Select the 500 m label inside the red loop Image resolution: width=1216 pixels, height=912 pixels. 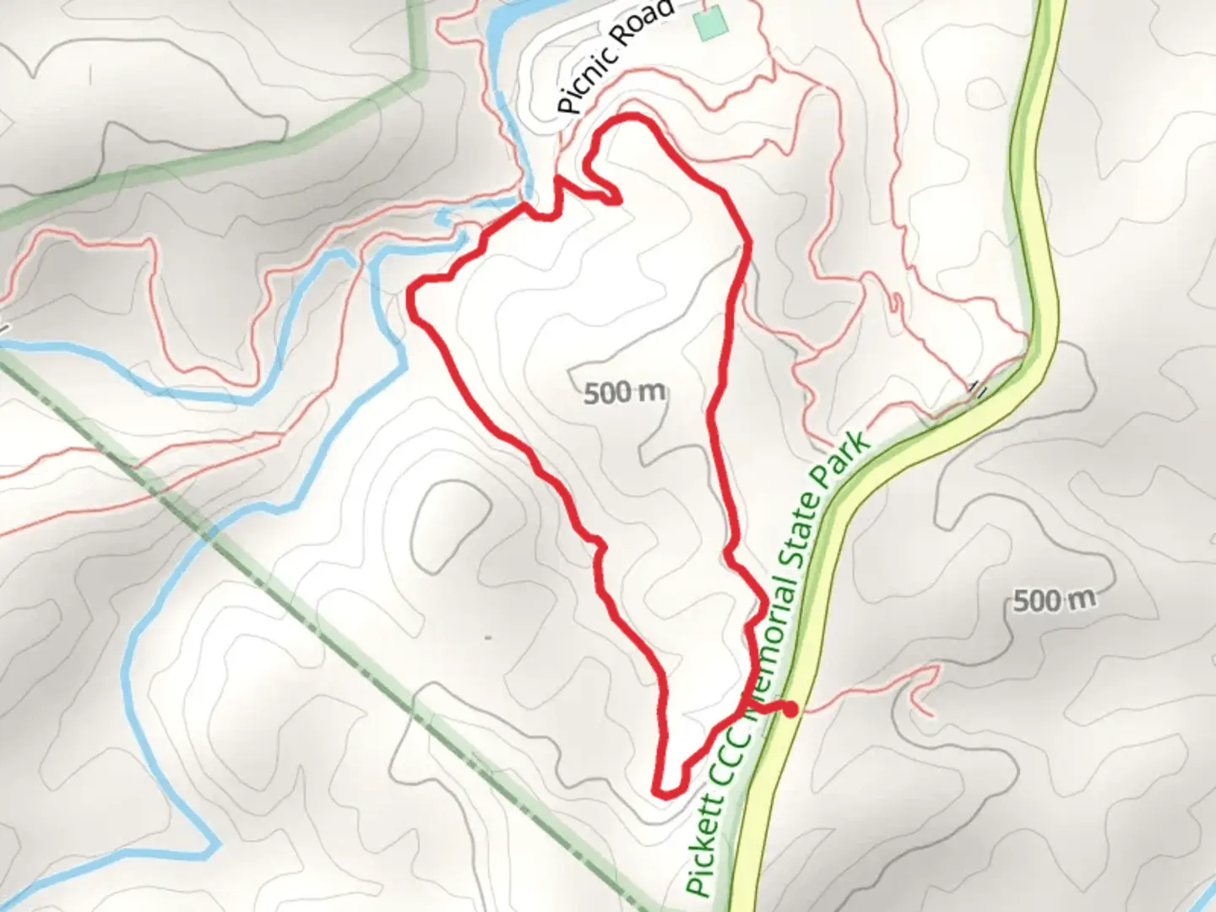click(624, 392)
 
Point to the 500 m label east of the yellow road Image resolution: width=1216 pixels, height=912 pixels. click(1053, 600)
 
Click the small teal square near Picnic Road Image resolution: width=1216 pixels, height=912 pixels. click(710, 22)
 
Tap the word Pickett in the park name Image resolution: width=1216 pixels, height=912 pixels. click(707, 844)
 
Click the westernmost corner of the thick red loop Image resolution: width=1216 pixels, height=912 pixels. click(411, 293)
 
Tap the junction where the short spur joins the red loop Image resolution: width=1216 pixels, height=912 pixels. click(748, 711)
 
